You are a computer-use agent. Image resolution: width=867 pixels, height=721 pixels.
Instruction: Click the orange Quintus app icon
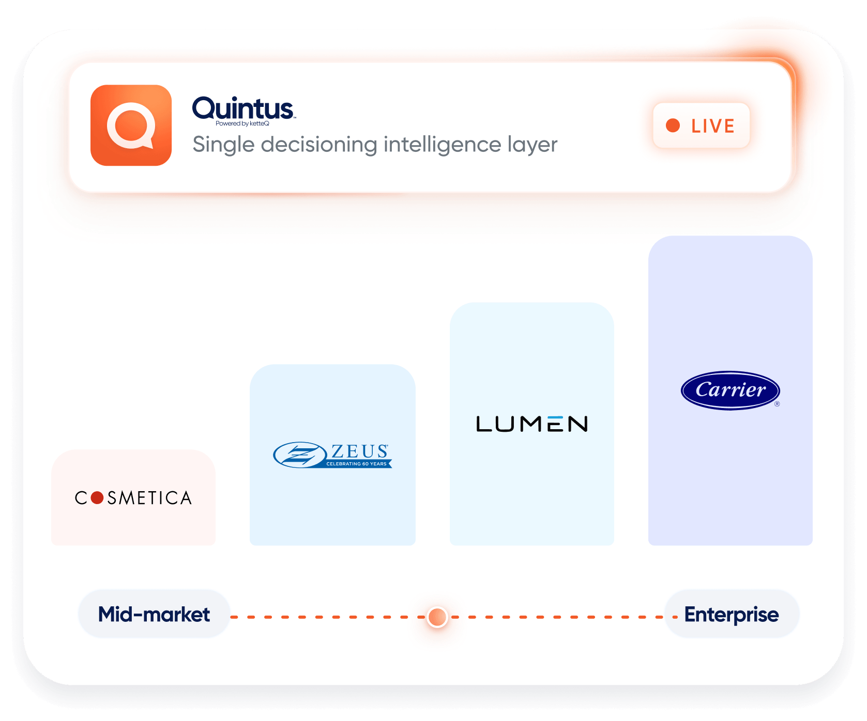(x=131, y=126)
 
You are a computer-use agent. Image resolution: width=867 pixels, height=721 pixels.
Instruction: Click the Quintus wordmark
(x=244, y=108)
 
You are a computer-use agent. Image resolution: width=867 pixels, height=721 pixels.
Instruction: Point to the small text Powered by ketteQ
(x=242, y=123)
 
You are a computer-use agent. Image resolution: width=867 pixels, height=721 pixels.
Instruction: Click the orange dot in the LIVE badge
(x=673, y=126)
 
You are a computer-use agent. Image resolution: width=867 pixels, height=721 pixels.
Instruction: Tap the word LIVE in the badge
(x=713, y=126)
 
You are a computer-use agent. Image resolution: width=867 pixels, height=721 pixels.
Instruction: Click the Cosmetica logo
(x=133, y=498)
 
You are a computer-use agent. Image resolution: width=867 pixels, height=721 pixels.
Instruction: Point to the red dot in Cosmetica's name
(x=97, y=498)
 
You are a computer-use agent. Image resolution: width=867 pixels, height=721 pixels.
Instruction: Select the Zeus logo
(x=332, y=455)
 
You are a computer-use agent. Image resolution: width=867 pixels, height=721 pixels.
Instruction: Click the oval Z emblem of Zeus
(x=300, y=455)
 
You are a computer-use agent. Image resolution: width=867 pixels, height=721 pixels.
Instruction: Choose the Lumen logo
(x=532, y=424)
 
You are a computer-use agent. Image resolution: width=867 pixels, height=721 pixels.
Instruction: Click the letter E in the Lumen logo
(x=555, y=424)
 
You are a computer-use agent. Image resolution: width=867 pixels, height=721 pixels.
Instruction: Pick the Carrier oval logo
(x=731, y=390)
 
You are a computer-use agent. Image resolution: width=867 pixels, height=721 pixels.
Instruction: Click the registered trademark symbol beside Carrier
(x=777, y=404)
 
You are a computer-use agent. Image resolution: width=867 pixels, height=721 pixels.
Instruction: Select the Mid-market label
(x=154, y=615)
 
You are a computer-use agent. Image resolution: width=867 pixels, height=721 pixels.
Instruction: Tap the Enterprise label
(x=732, y=615)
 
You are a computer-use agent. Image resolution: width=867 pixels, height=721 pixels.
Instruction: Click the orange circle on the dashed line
(x=437, y=617)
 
